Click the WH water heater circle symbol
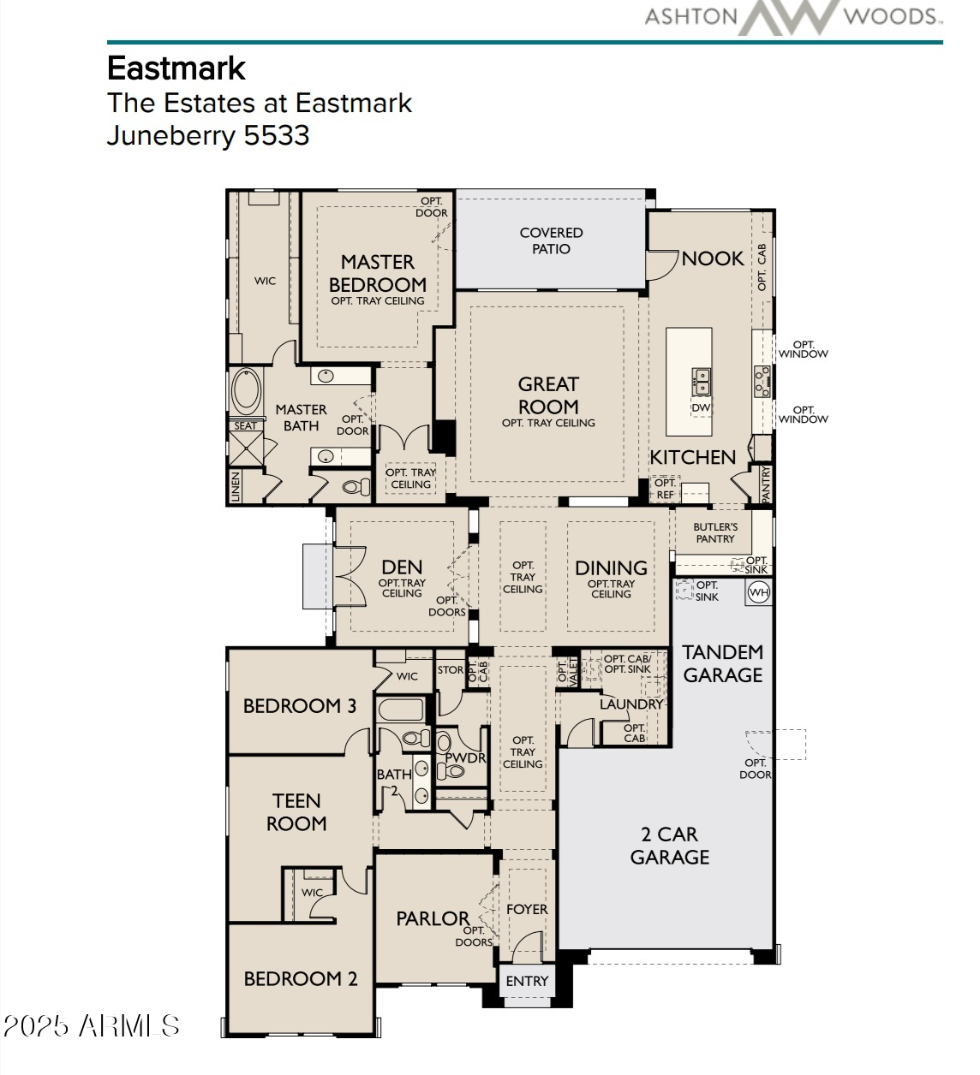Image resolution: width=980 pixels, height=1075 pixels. [x=758, y=592]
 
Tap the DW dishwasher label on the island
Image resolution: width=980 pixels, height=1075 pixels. [x=701, y=407]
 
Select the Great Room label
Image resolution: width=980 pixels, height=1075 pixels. [x=548, y=395]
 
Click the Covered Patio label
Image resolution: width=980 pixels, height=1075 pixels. [x=551, y=241]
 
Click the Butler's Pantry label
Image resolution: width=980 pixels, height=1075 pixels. [x=715, y=532]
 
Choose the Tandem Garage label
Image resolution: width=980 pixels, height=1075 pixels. [x=722, y=663]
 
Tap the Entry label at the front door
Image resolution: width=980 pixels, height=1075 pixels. [x=527, y=981]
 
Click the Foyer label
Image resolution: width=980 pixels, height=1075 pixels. [x=527, y=910]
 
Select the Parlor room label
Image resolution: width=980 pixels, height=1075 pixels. [x=433, y=918]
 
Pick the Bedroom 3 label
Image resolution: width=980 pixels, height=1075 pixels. [x=300, y=706]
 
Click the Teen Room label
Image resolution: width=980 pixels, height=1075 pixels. [x=296, y=812]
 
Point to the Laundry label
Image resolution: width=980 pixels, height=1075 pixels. [x=631, y=704]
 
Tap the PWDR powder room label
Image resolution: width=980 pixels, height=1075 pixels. [x=466, y=757]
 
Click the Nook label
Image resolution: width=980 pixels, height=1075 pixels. [x=713, y=258]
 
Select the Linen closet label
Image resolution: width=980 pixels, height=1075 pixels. [x=235, y=487]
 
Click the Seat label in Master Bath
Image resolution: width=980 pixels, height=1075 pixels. [x=245, y=426]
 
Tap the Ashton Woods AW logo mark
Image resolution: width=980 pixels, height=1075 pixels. [x=790, y=17]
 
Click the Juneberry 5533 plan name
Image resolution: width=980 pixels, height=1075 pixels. [x=208, y=135]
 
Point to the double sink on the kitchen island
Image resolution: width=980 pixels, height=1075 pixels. [x=701, y=381]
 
